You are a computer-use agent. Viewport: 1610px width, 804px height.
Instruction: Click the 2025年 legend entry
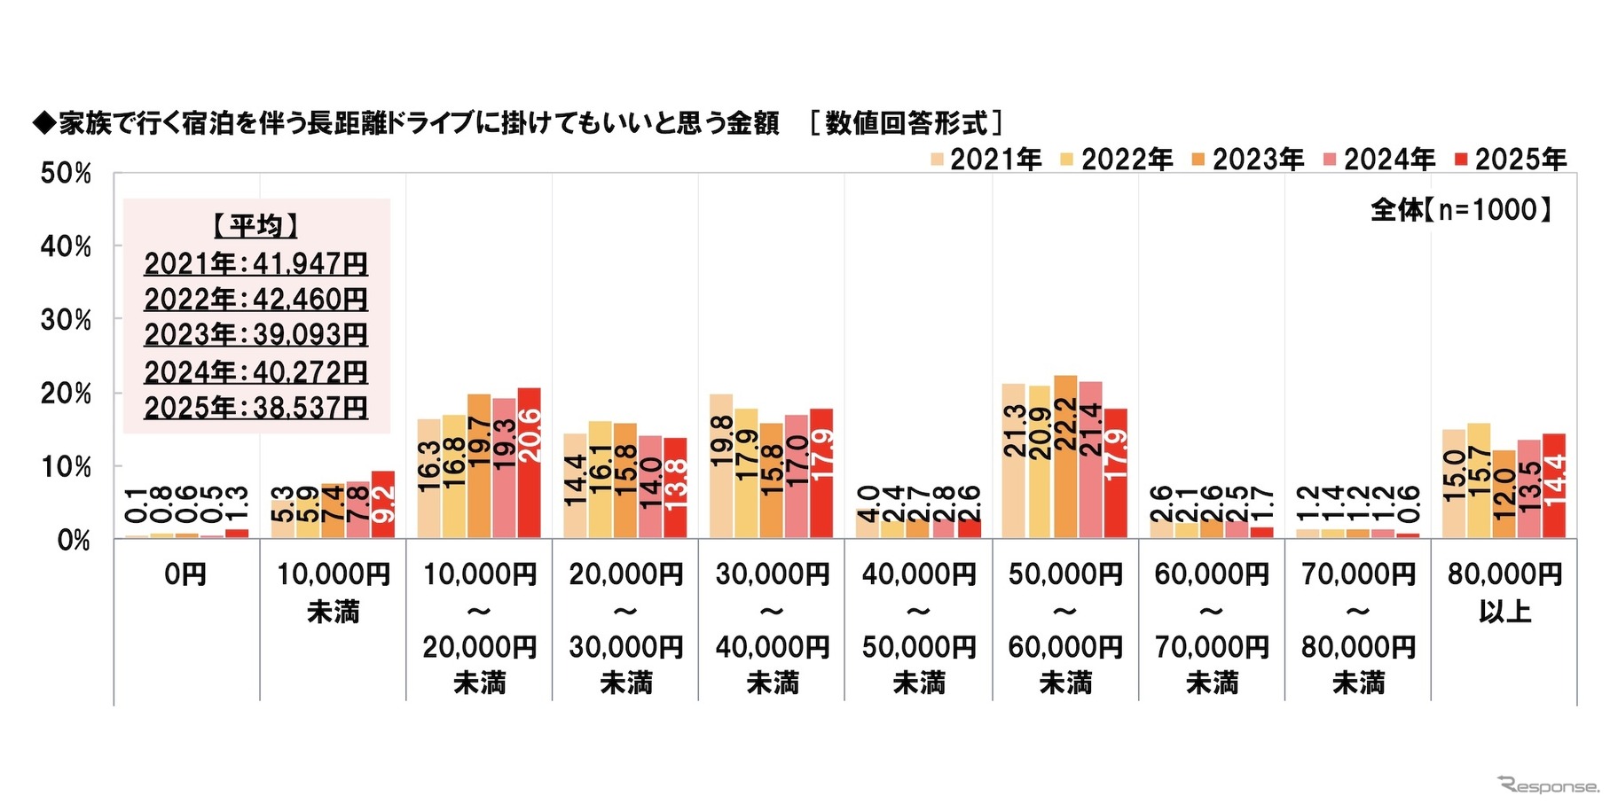point(1511,160)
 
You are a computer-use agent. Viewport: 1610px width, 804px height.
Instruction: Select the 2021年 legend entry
point(986,160)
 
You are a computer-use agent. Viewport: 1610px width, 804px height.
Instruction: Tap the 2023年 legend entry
point(1248,160)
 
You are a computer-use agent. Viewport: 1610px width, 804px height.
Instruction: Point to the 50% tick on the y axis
point(66,174)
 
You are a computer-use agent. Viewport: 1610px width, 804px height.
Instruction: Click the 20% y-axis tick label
point(66,394)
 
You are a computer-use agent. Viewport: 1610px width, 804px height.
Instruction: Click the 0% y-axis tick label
point(74,540)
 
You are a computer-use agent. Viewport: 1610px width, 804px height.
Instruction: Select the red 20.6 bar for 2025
point(529,464)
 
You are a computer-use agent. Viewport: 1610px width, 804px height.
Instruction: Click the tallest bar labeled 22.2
point(1065,457)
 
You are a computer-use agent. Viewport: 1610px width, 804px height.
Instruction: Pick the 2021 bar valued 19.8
point(721,466)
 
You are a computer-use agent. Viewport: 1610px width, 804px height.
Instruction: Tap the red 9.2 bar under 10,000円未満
point(383,504)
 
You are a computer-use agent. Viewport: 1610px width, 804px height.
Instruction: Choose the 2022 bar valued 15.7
point(1479,480)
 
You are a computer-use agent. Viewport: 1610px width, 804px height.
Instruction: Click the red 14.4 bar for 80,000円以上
point(1554,486)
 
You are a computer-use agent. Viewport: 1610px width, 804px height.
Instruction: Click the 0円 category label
point(185,575)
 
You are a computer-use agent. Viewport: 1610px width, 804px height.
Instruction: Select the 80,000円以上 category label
point(1504,593)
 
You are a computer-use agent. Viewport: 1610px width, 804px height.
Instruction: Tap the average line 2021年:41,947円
point(255,264)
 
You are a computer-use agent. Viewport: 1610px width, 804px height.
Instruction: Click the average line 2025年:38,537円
point(255,408)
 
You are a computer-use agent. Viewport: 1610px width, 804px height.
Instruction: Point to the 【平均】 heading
point(255,226)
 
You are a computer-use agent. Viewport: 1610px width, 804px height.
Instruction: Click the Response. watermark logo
point(1548,784)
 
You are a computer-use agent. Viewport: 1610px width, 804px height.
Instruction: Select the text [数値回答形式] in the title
point(906,123)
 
